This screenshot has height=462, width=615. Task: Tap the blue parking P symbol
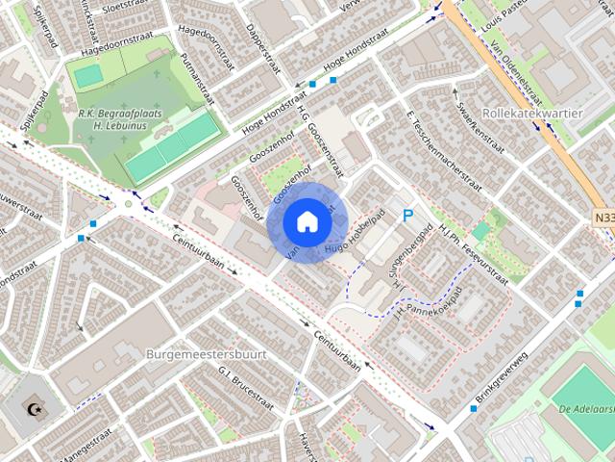click(x=408, y=217)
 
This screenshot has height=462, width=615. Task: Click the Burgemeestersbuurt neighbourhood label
click(x=206, y=354)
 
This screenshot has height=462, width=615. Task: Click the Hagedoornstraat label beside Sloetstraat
click(x=117, y=32)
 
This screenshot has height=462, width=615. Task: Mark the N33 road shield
click(x=602, y=219)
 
